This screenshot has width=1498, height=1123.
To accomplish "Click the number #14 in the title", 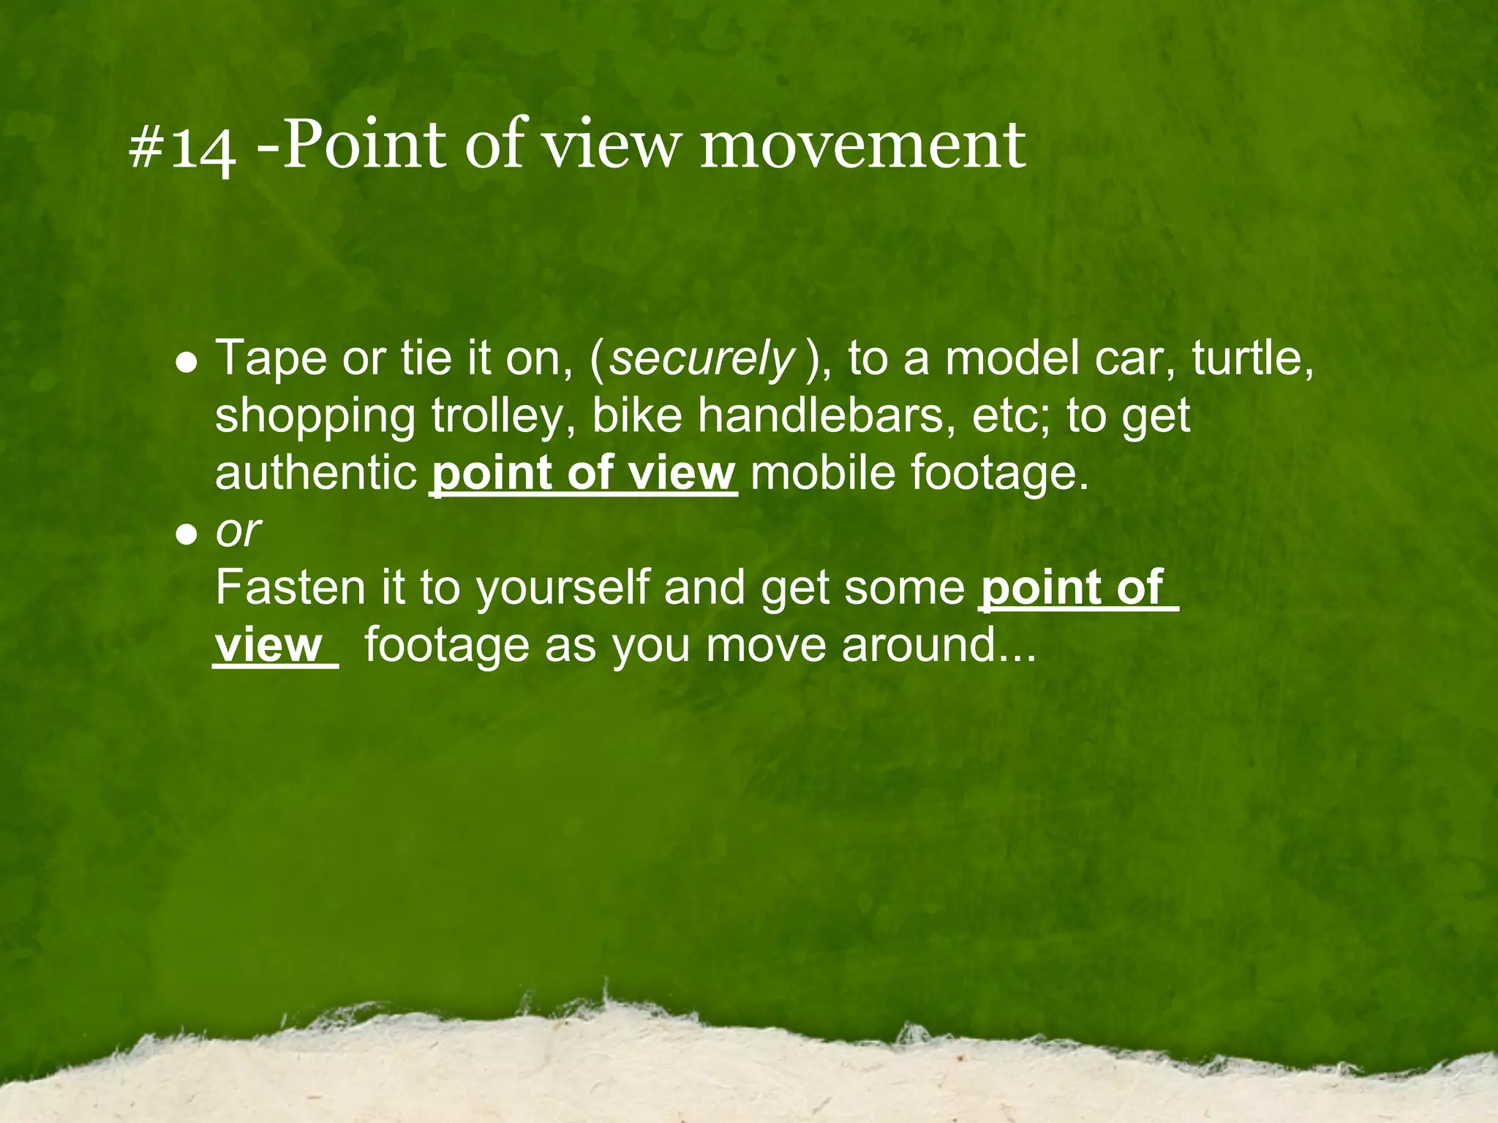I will tap(182, 148).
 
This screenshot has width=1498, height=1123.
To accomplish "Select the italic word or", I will tap(238, 531).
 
